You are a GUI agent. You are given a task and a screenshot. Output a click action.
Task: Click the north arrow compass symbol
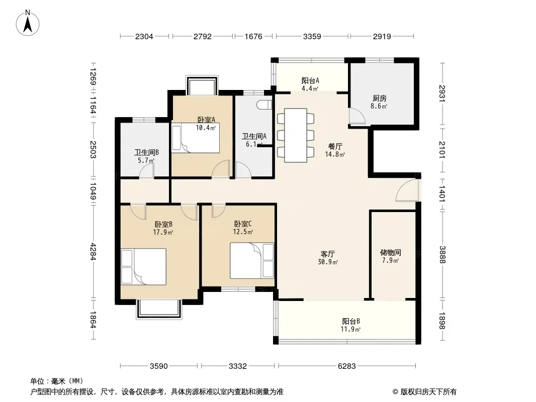click(28, 23)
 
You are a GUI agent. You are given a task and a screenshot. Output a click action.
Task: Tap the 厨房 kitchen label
click(380, 98)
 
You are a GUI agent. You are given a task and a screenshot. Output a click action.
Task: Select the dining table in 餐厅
click(296, 135)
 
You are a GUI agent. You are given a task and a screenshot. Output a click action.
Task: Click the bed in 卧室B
click(144, 267)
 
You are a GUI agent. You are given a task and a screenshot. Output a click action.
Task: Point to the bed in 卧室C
click(252, 261)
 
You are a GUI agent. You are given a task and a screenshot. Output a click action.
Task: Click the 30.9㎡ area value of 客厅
click(328, 262)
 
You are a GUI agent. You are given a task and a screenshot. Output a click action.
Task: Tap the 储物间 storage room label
click(390, 253)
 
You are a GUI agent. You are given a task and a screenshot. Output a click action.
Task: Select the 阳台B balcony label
click(351, 322)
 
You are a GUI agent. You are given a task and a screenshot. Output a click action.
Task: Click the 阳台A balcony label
click(310, 80)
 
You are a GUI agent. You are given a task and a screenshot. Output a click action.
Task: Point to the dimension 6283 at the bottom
click(346, 366)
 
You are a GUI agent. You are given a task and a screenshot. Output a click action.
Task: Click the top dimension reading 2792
click(202, 36)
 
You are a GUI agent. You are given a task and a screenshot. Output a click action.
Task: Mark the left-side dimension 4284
click(93, 251)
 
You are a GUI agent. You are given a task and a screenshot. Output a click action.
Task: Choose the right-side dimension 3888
click(442, 255)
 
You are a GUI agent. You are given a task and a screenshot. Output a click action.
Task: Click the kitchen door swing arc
click(357, 116)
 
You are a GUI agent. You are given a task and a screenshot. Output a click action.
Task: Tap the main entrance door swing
click(407, 190)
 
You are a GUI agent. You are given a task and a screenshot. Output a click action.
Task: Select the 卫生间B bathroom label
click(146, 152)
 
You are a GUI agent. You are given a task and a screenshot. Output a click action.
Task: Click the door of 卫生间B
click(146, 170)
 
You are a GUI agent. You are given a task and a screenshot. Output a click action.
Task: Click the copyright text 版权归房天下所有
click(428, 392)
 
